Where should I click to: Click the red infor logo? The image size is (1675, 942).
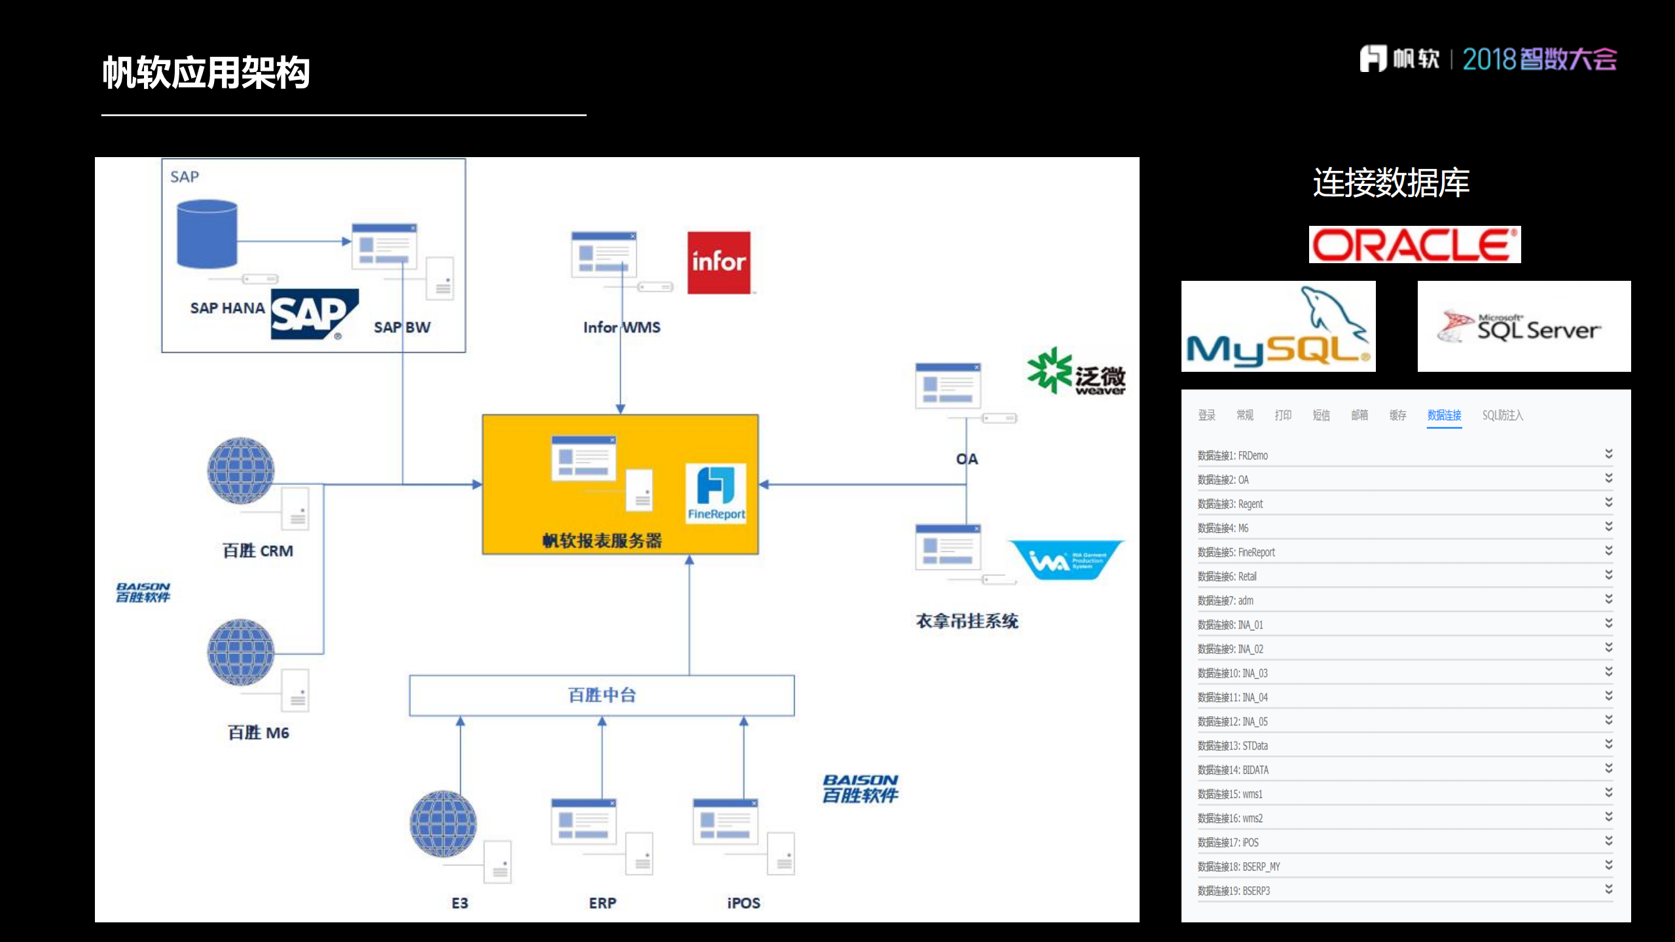click(x=718, y=262)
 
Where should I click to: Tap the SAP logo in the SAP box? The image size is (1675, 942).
click(x=314, y=314)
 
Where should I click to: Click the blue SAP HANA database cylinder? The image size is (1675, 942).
click(x=207, y=234)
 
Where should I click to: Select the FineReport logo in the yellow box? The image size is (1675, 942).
click(x=715, y=493)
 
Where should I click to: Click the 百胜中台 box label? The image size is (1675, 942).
click(x=602, y=695)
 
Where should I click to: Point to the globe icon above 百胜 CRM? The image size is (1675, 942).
click(x=241, y=470)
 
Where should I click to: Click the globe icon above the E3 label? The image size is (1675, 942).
click(x=443, y=824)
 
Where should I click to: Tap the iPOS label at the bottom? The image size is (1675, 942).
click(x=744, y=903)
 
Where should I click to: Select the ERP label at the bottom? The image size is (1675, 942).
click(x=602, y=903)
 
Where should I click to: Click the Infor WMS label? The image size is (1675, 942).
click(x=621, y=327)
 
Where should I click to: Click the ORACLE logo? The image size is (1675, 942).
click(x=1414, y=245)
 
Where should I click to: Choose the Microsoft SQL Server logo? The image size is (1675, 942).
click(x=1523, y=327)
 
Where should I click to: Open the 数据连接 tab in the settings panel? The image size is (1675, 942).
click(x=1444, y=415)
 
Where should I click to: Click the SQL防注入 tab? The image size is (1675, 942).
click(x=1502, y=415)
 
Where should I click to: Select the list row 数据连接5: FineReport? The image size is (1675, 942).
click(x=1236, y=552)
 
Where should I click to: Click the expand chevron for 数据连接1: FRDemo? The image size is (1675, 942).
click(x=1608, y=454)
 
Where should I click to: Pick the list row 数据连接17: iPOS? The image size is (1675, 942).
click(x=1228, y=842)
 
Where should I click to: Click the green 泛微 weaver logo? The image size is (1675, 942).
click(x=1076, y=372)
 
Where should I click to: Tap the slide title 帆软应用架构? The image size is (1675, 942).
click(x=206, y=72)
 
